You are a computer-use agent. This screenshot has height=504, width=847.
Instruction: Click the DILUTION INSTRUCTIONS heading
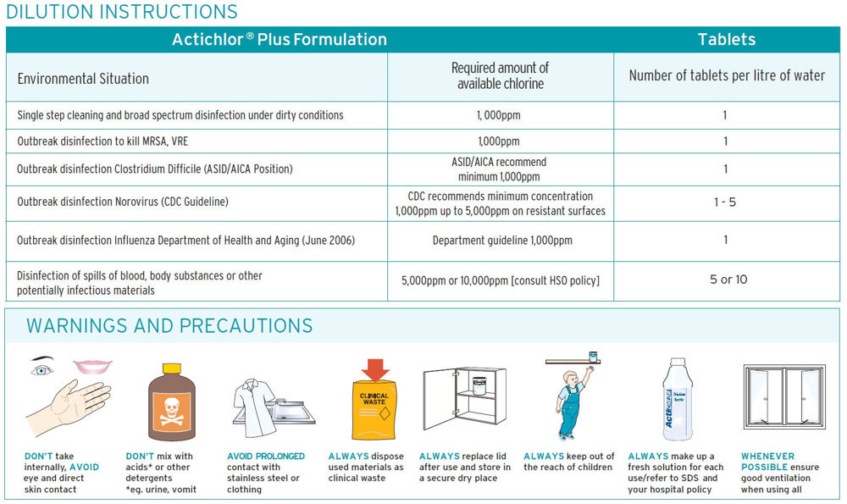pos(121,12)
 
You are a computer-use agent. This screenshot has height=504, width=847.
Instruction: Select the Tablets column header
pos(726,40)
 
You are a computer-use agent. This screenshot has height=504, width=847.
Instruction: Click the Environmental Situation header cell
pos(83,79)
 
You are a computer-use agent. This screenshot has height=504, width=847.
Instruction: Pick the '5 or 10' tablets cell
pos(728,280)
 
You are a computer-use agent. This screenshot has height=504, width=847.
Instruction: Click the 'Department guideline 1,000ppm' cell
pos(501,241)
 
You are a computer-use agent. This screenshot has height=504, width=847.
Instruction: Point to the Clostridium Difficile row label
pos(155,169)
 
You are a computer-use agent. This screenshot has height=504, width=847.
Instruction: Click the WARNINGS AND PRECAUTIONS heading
pos(169,326)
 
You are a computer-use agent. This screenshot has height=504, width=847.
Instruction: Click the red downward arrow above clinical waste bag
pos(374,369)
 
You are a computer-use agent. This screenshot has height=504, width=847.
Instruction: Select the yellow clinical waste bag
pos(374,411)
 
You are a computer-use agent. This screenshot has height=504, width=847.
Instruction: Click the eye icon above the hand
pos(42,369)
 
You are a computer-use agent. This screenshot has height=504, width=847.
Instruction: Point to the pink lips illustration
pos(92,366)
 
